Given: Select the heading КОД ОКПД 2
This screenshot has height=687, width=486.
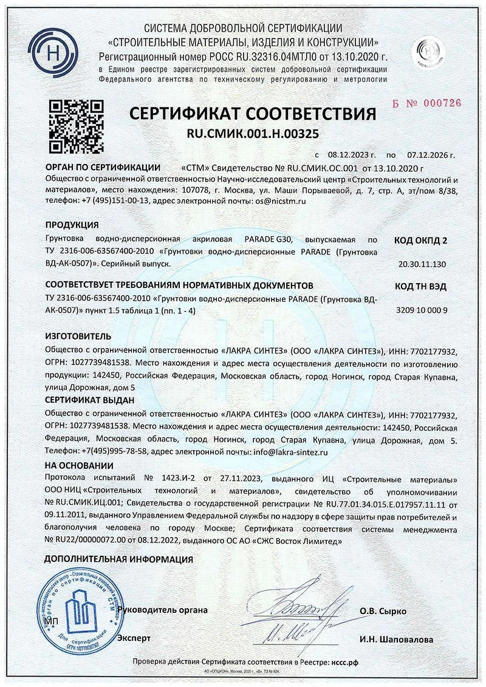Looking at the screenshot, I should click(x=421, y=240).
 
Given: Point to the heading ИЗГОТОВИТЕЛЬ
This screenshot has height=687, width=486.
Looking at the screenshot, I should click(x=79, y=336).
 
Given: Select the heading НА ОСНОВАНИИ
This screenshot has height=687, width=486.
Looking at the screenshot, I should click(x=79, y=466).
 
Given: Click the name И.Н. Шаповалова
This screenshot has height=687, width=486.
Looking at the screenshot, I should click(x=396, y=640).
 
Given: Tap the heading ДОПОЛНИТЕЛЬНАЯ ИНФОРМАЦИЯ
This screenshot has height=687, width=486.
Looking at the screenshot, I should click(x=119, y=559).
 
